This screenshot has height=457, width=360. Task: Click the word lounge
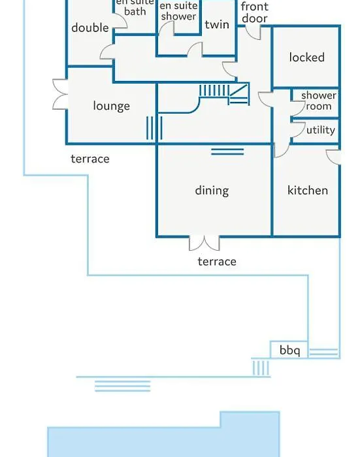point(112,106)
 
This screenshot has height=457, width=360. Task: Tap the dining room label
point(212,191)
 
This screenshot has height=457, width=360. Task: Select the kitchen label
point(308,191)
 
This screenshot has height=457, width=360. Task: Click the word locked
point(306,57)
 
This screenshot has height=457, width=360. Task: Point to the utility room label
point(321,130)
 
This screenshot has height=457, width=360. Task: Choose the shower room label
point(319,101)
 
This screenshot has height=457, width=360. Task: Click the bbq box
point(289,349)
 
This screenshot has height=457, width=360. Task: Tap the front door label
point(254,12)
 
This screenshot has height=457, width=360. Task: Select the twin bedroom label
point(217,25)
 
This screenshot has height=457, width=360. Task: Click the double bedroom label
point(90,28)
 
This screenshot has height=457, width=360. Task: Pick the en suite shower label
point(178,11)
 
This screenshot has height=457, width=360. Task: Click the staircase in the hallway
point(224,94)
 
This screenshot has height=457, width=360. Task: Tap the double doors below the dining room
point(205,243)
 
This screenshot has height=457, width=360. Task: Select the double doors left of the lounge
point(60,94)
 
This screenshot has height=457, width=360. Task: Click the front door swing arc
point(253,33)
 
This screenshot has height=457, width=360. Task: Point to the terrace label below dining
point(217,262)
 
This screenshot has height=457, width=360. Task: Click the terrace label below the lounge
point(90,159)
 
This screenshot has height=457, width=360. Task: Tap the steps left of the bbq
point(261,368)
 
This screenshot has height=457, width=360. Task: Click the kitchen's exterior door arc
point(333,157)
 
